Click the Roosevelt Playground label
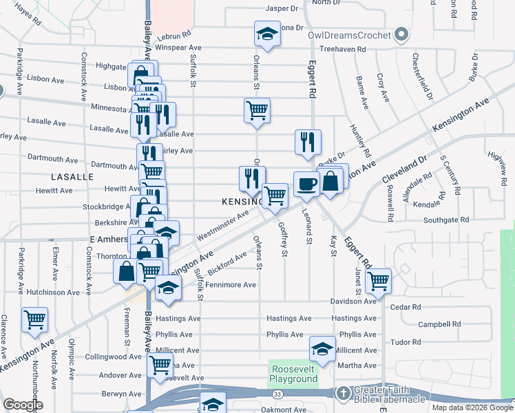click(293, 374)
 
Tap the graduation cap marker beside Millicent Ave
click(322, 348)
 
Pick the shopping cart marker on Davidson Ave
click(378, 280)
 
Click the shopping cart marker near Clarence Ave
click(34, 319)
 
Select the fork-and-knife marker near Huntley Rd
click(308, 141)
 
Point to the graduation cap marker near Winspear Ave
click(266, 32)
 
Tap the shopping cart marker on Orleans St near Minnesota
click(257, 109)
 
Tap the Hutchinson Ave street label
click(56, 293)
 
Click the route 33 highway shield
click(277, 394)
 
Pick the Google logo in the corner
click(23, 405)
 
